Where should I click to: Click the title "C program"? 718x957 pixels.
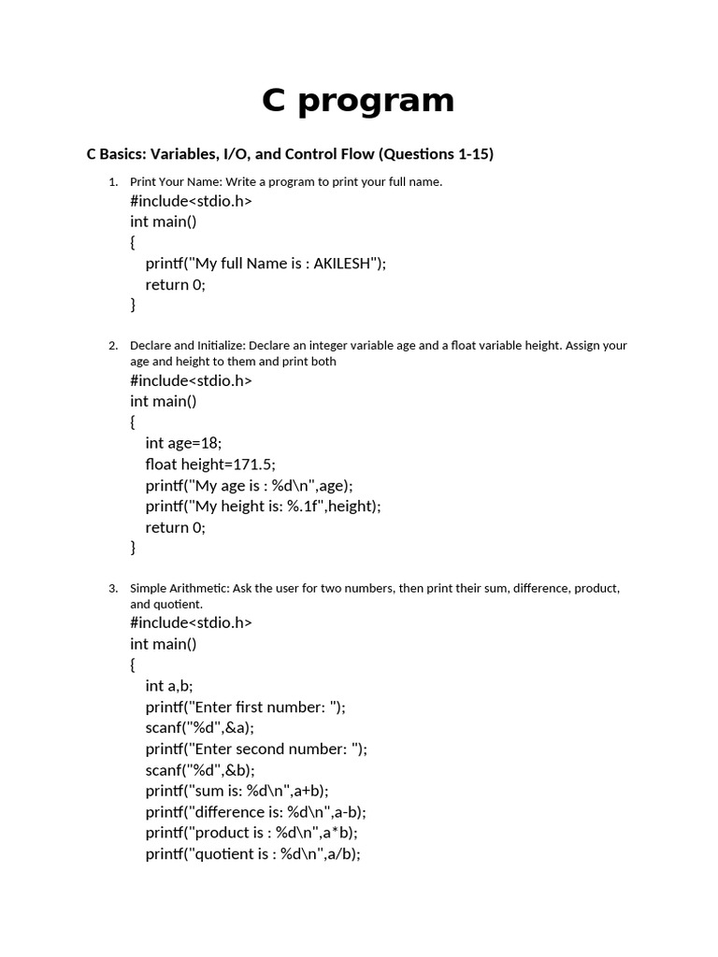pos(358,101)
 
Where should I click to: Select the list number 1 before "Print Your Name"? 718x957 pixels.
pos(113,181)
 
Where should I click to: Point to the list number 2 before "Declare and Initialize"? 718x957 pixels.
pos(113,346)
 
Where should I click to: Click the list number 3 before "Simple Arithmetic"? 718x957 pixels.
pos(113,589)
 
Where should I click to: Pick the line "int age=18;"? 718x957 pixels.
pos(183,443)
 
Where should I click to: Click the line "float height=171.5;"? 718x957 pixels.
pos(210,464)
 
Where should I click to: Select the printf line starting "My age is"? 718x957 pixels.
pos(249,485)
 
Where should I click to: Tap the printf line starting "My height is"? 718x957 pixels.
pos(263,506)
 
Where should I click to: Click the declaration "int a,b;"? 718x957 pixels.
pos(168,686)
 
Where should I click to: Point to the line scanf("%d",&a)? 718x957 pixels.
pos(199,728)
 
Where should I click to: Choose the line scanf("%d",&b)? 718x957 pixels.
pos(199,770)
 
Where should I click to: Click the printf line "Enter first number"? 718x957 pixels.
pos(245,707)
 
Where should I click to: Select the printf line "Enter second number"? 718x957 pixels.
pos(256,749)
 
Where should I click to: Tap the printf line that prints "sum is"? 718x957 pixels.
pos(237,791)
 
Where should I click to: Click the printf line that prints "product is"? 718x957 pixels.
pos(251,833)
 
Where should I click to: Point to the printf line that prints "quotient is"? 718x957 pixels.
pos(252,854)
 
